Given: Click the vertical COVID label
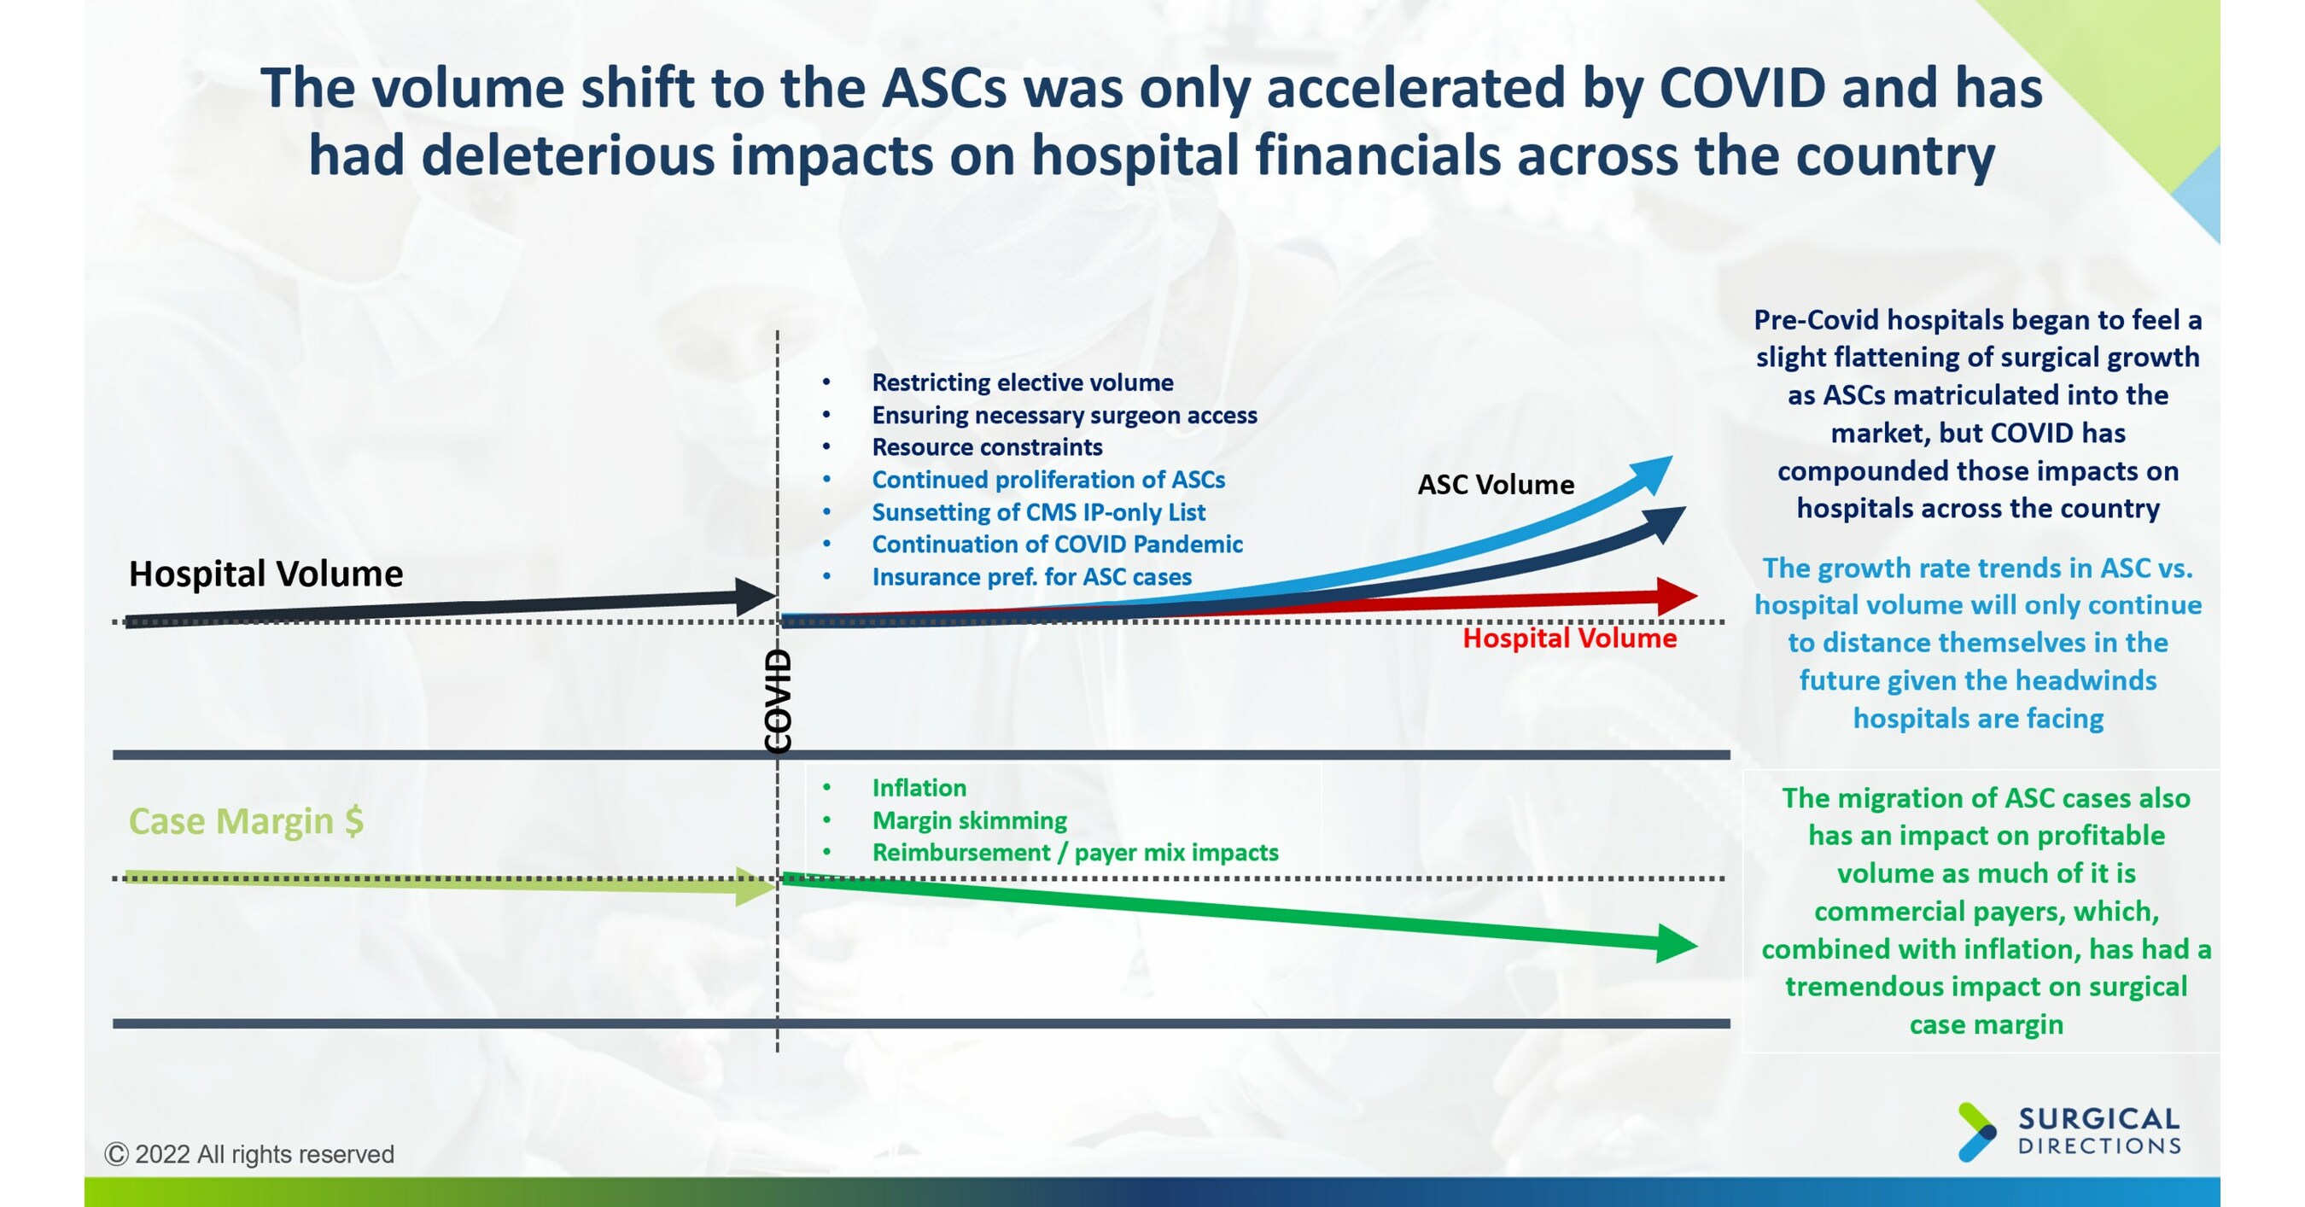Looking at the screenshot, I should pyautogui.click(x=778, y=701).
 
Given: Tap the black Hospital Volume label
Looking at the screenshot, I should pyautogui.click(x=266, y=574).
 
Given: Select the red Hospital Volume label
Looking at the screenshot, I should pyautogui.click(x=1569, y=638).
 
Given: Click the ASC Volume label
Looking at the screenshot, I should pyautogui.click(x=1495, y=484).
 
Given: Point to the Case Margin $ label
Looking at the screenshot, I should pyautogui.click(x=246, y=820).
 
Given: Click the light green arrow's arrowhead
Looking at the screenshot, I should pyautogui.click(x=756, y=886).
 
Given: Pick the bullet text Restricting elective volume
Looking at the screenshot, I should pyautogui.click(x=1022, y=382).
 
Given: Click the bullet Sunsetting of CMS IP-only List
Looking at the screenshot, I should pyautogui.click(x=1038, y=512).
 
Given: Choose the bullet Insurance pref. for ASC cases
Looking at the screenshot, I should pyautogui.click(x=1030, y=577).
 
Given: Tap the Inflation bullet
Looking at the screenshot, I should pyautogui.click(x=919, y=787).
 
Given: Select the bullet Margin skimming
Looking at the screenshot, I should pyautogui.click(x=969, y=820).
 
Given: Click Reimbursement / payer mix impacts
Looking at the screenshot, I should pyautogui.click(x=1075, y=853).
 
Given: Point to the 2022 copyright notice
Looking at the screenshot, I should pyautogui.click(x=249, y=1154).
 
